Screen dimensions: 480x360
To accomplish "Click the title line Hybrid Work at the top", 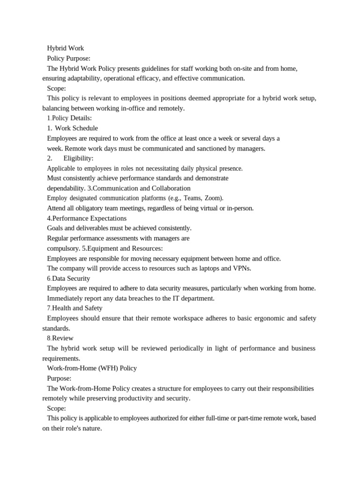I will tap(66, 48).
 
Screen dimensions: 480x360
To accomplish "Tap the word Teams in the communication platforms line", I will tap(191, 198).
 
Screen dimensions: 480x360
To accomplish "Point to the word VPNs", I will tap(242, 268).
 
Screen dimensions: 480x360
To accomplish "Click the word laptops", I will tap(212, 268).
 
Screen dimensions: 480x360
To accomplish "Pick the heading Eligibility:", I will tap(78, 158).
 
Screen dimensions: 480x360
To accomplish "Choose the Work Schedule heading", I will tap(76, 128).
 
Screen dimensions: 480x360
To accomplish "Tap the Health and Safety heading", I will tap(77, 308).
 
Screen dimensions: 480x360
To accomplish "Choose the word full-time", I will tap(215, 418).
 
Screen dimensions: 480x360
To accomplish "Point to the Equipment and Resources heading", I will tap(124, 248).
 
